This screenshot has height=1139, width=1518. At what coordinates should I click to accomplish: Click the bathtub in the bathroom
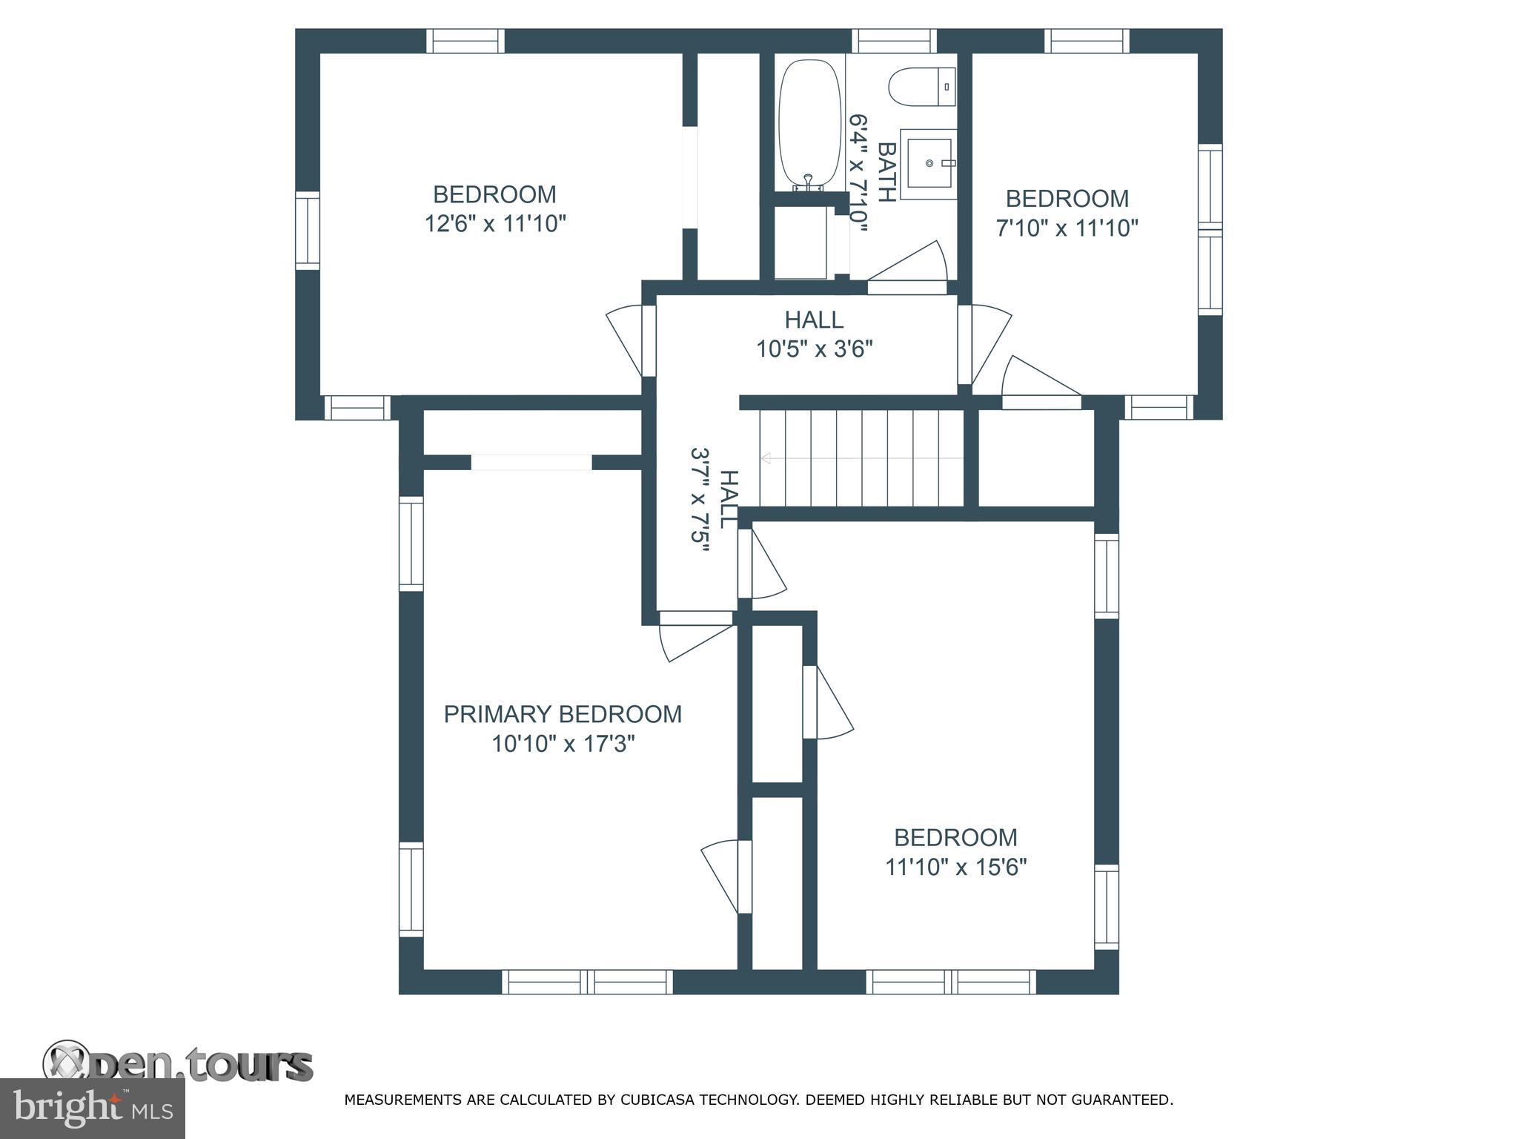point(810,124)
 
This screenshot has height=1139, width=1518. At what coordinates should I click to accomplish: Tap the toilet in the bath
point(922,87)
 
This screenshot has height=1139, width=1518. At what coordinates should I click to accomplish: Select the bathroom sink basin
point(928,162)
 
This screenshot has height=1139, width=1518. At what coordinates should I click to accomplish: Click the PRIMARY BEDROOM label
point(563,714)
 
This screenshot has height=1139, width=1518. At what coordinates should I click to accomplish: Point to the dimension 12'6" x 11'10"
point(495,223)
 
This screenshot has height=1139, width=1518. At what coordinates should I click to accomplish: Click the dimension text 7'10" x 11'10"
point(1067,228)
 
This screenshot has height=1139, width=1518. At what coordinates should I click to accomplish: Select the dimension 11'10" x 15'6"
point(955,867)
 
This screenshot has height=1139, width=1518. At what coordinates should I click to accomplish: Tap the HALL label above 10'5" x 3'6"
point(814,320)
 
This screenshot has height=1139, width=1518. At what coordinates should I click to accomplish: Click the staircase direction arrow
point(862,458)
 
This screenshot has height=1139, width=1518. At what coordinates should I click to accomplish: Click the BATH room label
point(886,171)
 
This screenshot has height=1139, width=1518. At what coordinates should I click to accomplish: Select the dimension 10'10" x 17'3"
point(563,743)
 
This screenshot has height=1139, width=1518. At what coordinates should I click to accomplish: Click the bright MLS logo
point(92,1109)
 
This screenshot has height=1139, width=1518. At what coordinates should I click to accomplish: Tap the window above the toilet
point(894,40)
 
